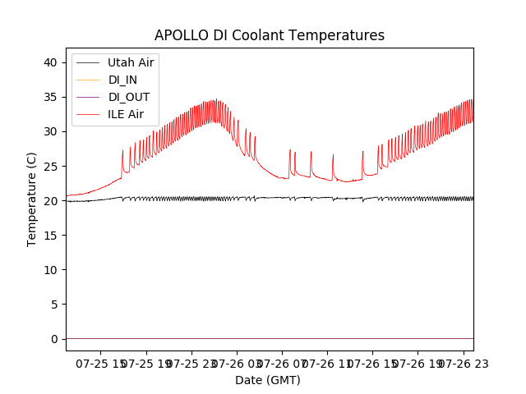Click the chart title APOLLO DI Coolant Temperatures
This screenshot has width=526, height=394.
pyautogui.click(x=270, y=36)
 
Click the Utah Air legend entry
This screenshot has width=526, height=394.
pyautogui.click(x=131, y=62)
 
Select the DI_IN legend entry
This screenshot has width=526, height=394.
pyautogui.click(x=124, y=80)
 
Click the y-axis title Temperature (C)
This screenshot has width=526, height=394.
pyautogui.click(x=32, y=199)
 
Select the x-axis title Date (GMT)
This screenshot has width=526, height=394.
pyautogui.click(x=268, y=380)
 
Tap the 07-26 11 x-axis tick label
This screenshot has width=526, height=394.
pyautogui.click(x=326, y=363)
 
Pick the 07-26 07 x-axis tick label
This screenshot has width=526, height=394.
pyautogui.click(x=280, y=363)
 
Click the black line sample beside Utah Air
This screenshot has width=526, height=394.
pyautogui.click(x=88, y=62)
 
